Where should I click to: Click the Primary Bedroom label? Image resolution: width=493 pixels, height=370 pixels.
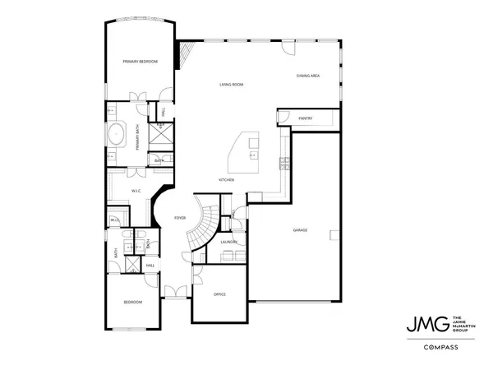click(140, 62)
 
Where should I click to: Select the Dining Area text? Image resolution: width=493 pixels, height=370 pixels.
click(308, 76)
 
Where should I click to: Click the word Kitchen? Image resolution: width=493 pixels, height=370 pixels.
click(227, 179)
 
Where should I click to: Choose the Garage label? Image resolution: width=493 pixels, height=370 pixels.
click(300, 229)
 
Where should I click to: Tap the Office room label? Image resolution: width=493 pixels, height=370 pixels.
click(219, 294)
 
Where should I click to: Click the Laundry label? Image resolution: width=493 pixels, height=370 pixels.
click(229, 242)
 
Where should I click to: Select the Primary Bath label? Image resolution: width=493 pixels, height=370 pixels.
click(137, 135)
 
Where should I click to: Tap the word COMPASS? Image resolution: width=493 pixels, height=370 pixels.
click(440, 347)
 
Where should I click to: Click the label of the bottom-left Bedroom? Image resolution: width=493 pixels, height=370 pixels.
click(132, 302)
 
